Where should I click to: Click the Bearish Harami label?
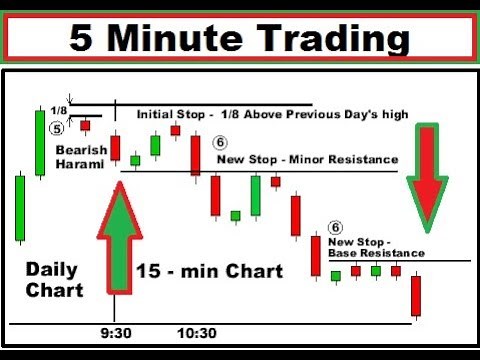click(81, 156)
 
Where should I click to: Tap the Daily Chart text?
click(51, 279)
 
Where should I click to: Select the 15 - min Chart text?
click(210, 271)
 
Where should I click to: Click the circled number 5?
click(57, 127)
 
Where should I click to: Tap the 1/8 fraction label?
click(58, 109)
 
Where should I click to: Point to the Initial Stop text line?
click(272, 114)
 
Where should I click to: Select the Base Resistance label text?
click(376, 254)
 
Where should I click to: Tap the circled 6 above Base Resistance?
click(336, 228)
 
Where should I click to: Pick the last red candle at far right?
click(415, 295)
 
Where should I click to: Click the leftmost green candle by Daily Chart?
click(19, 207)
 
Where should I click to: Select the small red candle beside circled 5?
click(85, 126)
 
